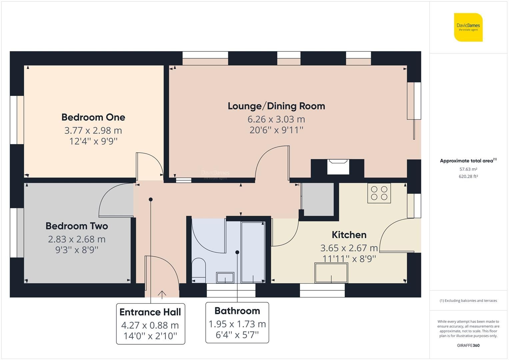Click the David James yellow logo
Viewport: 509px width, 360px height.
pyautogui.click(x=468, y=27)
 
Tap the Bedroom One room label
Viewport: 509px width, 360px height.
pyautogui.click(x=93, y=117)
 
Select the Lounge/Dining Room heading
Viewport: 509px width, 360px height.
pyautogui.click(x=276, y=106)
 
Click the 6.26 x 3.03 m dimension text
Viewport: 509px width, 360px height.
pyautogui.click(x=276, y=119)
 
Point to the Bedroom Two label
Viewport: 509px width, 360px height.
pyautogui.click(x=77, y=226)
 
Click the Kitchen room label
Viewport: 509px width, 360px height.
pyautogui.click(x=349, y=235)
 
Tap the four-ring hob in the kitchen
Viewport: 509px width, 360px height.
pyautogui.click(x=379, y=193)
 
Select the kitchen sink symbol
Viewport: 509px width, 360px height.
pyautogui.click(x=331, y=273)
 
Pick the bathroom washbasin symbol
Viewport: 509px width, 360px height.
pyautogui.click(x=225, y=277)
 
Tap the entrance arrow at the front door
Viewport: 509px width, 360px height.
pyautogui.click(x=162, y=294)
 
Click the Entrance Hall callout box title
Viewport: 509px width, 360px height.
pyautogui.click(x=150, y=312)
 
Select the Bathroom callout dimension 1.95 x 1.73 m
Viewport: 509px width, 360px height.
pyautogui.click(x=237, y=324)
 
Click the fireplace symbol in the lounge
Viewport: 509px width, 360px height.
pyautogui.click(x=338, y=166)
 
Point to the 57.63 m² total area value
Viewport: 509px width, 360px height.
pyautogui.click(x=468, y=169)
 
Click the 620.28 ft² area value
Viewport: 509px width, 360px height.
pyautogui.click(x=468, y=177)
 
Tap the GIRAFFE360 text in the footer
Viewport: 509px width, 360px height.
pyautogui.click(x=468, y=345)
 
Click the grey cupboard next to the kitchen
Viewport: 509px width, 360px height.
pyautogui.click(x=317, y=199)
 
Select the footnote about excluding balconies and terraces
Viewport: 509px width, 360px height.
pyautogui.click(x=468, y=301)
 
